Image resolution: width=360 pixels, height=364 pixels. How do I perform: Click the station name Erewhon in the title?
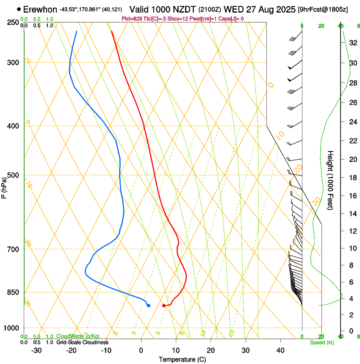[x=40, y=9]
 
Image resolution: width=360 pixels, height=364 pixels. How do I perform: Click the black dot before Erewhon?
[x=19, y=9]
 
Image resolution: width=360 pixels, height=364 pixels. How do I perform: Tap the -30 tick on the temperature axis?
[x=36, y=350]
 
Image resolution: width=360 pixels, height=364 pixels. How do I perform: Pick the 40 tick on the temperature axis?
[x=280, y=350]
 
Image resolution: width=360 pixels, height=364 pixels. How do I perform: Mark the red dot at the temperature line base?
[x=164, y=306]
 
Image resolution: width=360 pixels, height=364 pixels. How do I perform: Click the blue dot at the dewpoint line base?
[x=149, y=306]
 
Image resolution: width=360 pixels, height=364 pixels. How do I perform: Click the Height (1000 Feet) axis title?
[x=331, y=180]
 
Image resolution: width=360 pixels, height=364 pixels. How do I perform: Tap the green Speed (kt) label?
[x=321, y=342]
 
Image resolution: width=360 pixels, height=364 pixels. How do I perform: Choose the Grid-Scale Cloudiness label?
[x=82, y=342]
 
